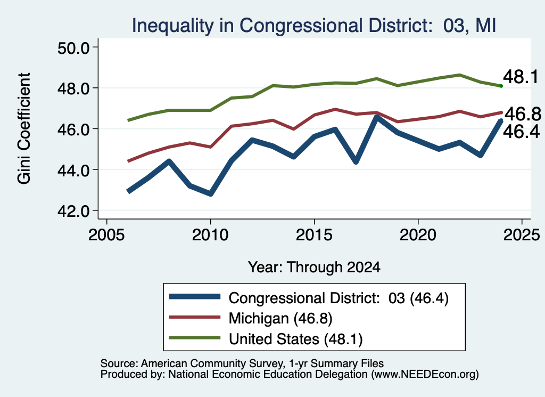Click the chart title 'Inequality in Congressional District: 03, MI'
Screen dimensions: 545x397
[314, 26]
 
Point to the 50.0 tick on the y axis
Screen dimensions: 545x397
[73, 48]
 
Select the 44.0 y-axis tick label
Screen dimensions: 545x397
[73, 171]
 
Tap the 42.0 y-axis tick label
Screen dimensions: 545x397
[73, 211]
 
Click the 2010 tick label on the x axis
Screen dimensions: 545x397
[210, 235]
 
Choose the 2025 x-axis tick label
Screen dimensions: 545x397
[522, 235]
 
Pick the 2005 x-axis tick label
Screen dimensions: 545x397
[106, 235]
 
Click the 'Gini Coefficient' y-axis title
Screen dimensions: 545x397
[24, 128]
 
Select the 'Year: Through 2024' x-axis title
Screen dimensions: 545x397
[314, 267]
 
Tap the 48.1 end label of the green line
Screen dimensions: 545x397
[521, 77]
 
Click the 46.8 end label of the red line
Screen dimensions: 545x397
[523, 114]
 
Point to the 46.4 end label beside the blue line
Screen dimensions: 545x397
[522, 132]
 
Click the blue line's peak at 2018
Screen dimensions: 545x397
[376, 117]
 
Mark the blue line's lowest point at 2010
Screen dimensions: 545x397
[210, 193]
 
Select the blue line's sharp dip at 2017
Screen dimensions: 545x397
[356, 161]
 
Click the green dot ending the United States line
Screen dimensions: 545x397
[501, 86]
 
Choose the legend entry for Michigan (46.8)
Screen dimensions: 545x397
[251, 318]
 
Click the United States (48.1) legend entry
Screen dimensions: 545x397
[266, 338]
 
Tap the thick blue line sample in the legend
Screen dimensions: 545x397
[195, 297]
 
